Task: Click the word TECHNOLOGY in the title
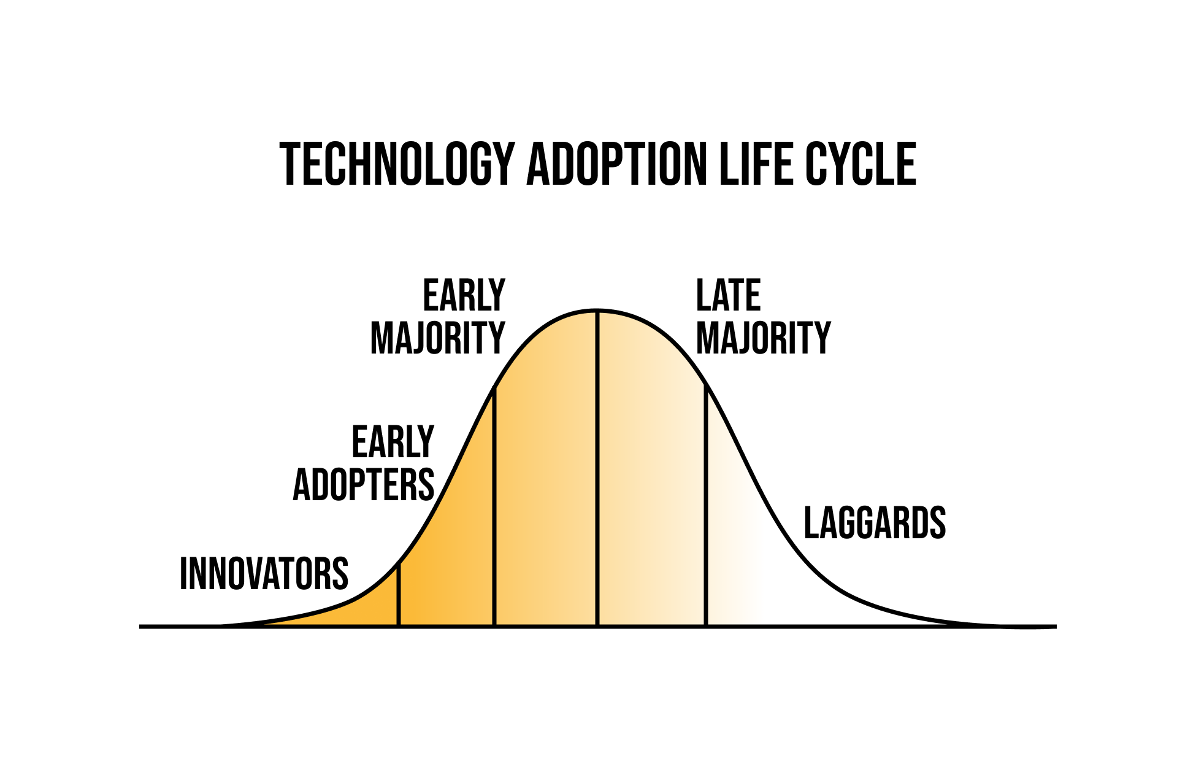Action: pos(397,164)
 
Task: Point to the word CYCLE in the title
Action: pos(861,164)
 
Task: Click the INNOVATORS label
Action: pos(264,574)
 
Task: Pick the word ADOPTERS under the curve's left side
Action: pos(364,485)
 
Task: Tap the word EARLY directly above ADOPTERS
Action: pos(393,442)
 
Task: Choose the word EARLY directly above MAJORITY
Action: pos(464,295)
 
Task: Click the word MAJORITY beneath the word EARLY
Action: pos(438,338)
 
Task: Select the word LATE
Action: pos(729,295)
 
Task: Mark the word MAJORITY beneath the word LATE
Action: pos(764,338)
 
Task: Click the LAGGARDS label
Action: pos(875,523)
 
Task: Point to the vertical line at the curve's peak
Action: pos(597,469)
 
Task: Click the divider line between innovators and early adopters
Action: pos(399,595)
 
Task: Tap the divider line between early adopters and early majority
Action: pos(494,507)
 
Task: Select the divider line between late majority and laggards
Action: pos(706,507)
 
